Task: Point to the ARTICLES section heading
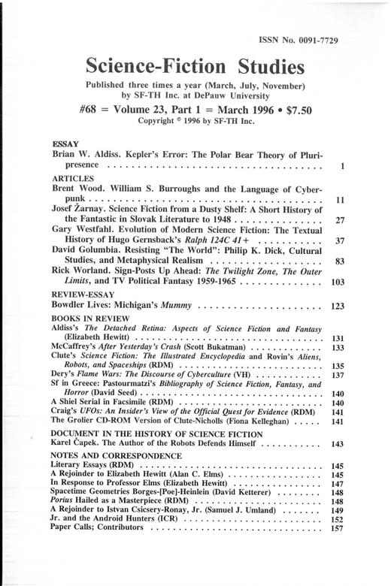click(72, 178)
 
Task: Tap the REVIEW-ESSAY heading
click(83, 295)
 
